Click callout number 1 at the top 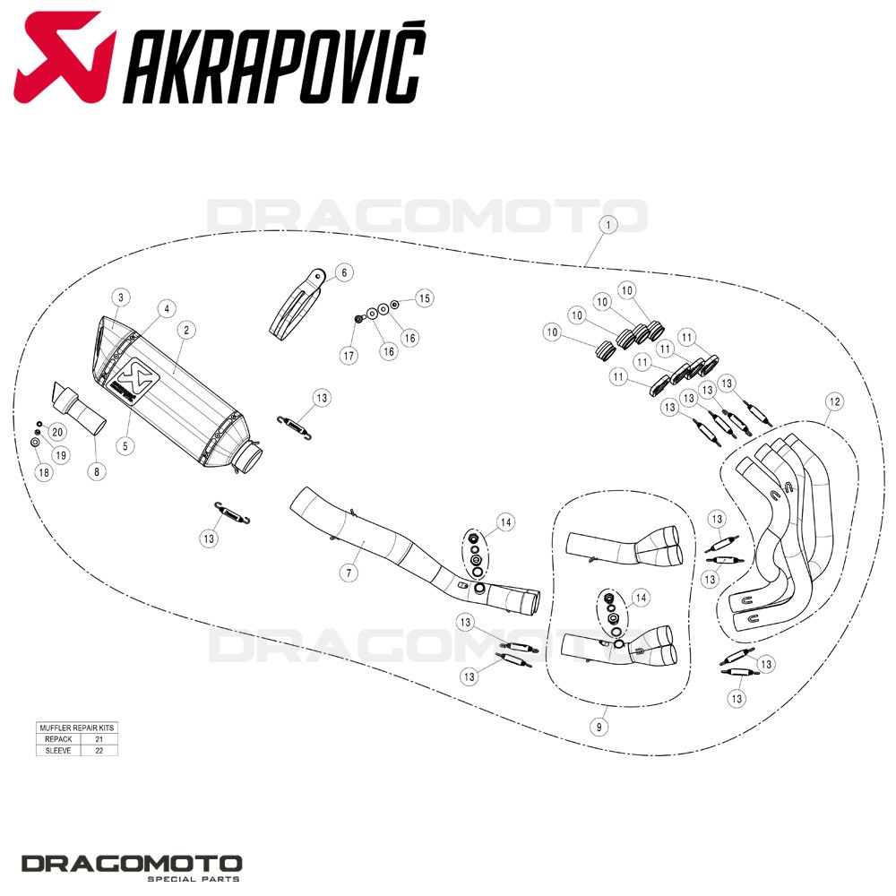[x=608, y=225]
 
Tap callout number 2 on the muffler [x=186, y=330]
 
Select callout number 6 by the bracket [x=344, y=272]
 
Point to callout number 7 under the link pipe [x=349, y=572]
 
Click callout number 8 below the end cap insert [x=97, y=471]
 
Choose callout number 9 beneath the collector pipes [x=599, y=727]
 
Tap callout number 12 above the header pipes [x=835, y=401]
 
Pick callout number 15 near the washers [x=424, y=297]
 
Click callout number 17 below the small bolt [x=349, y=356]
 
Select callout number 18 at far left [x=43, y=472]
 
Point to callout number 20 [x=57, y=432]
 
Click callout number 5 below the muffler [x=125, y=445]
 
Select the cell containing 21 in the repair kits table [x=99, y=739]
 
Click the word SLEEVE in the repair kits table [x=58, y=750]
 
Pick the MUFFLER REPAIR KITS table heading [x=76, y=728]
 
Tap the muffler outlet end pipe [x=251, y=458]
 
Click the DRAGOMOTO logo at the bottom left [x=132, y=867]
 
